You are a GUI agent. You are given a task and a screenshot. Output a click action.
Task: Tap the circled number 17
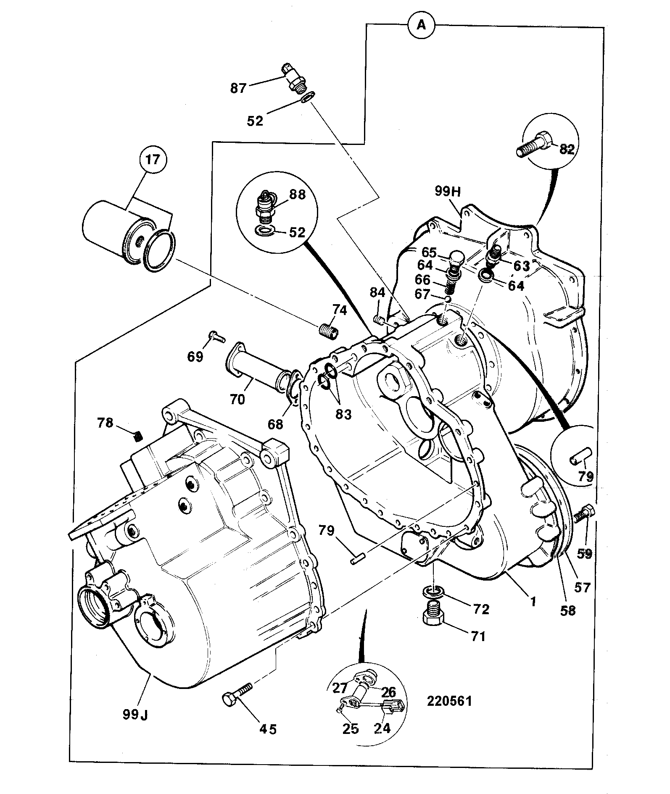(x=153, y=160)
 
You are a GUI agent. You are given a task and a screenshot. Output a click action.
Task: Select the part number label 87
(x=238, y=89)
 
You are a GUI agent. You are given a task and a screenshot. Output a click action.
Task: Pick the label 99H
(x=448, y=192)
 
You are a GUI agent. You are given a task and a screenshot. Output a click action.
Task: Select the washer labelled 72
(x=432, y=593)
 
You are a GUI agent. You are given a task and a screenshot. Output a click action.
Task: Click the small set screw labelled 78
(x=138, y=437)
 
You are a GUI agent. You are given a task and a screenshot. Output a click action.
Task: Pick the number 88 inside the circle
(x=297, y=195)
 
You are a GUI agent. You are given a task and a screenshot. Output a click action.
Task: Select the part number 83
(x=343, y=414)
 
